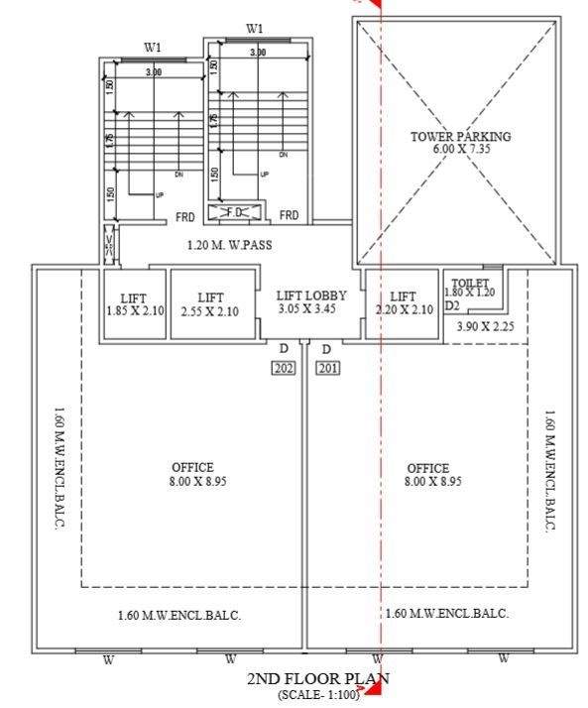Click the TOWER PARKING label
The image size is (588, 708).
pos(460,136)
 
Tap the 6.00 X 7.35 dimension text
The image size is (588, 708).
pos(460,149)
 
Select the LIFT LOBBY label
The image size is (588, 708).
pos(311,295)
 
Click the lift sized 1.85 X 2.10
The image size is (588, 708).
pos(133,304)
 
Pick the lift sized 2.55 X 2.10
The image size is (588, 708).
pos(209,304)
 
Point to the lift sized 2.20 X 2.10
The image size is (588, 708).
pos(403,303)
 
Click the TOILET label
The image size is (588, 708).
pos(469,284)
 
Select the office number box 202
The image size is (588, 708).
pos(284,368)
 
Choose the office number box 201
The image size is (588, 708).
pos(328,368)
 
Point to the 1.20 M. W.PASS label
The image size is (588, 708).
pos(229,245)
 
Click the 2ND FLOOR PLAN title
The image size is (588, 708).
pos(317,679)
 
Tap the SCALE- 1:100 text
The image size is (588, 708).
pos(317,695)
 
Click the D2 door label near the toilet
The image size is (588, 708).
pos(452,306)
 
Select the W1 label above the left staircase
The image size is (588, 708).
pos(153,47)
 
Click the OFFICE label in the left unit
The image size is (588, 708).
pos(192,468)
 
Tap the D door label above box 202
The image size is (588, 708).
pos(284,349)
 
